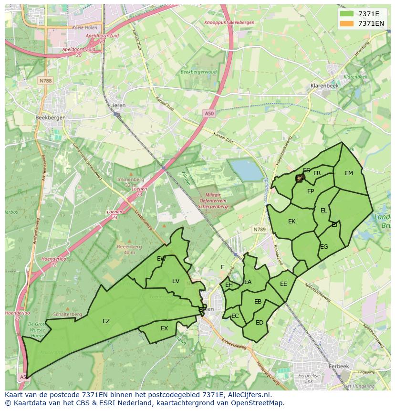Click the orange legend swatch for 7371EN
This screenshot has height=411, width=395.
(x=347, y=23)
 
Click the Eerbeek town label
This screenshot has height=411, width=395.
(x=339, y=366)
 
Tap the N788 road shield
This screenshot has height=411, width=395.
(x=45, y=81)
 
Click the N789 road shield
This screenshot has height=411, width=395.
(x=259, y=230)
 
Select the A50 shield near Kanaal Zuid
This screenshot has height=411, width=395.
(x=209, y=113)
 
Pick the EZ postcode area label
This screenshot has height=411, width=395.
(x=106, y=321)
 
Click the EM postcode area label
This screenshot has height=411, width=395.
(x=349, y=173)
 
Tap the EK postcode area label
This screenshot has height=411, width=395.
(x=291, y=221)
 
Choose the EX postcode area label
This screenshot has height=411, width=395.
(x=164, y=328)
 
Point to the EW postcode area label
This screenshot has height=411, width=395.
(x=161, y=259)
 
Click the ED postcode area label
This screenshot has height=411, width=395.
(x=259, y=323)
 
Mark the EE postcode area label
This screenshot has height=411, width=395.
(x=283, y=284)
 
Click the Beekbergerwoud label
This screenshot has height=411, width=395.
(x=198, y=72)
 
